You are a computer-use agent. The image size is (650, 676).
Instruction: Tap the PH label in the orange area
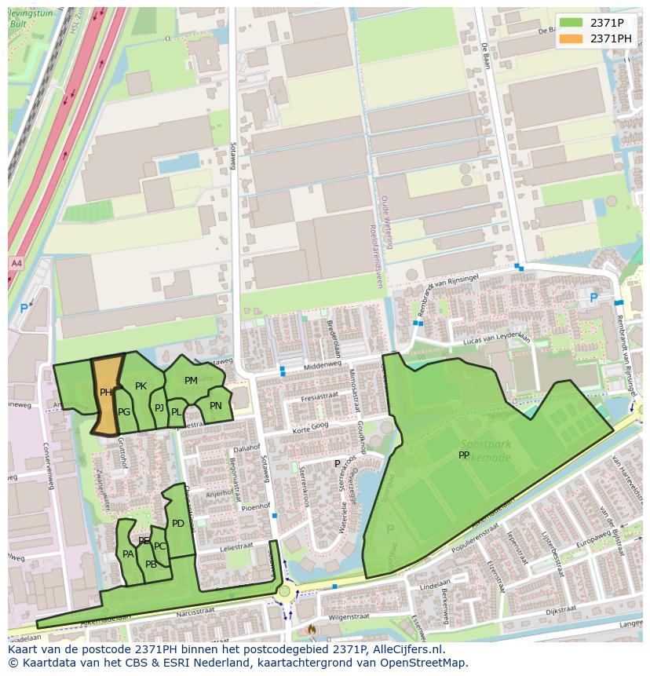point(106,392)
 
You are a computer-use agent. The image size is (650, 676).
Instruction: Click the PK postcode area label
point(141,386)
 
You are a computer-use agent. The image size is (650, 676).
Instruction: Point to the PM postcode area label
point(191,381)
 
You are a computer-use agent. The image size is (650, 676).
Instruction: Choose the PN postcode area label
point(215,406)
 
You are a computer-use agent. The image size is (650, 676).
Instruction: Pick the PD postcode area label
point(178,524)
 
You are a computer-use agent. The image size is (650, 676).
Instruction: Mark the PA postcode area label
point(128,554)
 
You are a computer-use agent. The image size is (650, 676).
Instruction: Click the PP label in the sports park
point(464,455)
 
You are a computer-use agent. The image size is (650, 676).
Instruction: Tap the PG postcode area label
point(124,412)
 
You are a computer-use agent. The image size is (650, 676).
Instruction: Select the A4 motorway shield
point(16,262)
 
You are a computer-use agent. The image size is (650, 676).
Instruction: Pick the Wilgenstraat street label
point(348,617)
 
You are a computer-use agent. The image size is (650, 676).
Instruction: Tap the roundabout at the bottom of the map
point(284,592)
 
